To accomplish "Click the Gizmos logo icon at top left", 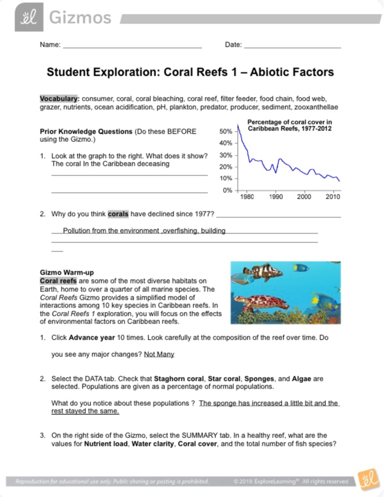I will pos(29,17).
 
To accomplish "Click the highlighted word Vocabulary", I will pos(59,99).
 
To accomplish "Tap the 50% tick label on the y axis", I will pos(226,132).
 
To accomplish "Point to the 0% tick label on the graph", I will pos(227,190).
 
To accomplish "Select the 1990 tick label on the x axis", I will pos(276,197).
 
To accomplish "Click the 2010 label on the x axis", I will pos(333,197).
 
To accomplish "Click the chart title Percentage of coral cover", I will pos(290,125).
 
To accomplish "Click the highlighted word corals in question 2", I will pos(118,214).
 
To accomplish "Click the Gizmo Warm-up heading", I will pos(67,272).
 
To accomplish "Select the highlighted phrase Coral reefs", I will pos(58,281).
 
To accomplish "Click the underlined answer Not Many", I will pos(159,354).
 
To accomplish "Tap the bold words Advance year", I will pos(92,338).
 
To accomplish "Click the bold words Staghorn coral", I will pos(179,379).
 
